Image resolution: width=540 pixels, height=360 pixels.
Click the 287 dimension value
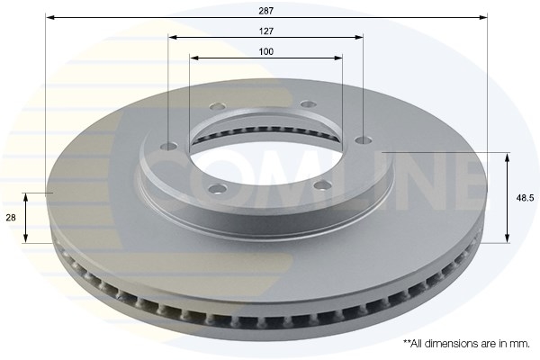(x=266, y=11)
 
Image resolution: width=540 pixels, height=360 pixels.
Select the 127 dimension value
(x=266, y=31)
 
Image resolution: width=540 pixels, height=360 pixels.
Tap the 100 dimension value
(x=266, y=51)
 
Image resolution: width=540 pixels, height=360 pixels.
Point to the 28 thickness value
(x=11, y=218)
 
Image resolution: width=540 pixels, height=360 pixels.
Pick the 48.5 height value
(x=525, y=198)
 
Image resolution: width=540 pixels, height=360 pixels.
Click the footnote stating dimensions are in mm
(x=466, y=344)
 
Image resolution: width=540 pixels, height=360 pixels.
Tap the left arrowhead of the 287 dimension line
(x=50, y=17)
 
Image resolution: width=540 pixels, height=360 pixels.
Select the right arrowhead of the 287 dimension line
(x=482, y=17)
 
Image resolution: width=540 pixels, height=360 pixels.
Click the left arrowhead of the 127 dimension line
(x=173, y=37)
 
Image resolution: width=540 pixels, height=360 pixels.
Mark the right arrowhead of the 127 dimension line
(x=358, y=37)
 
